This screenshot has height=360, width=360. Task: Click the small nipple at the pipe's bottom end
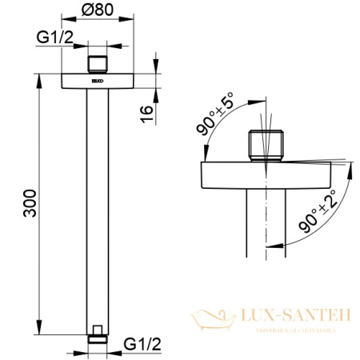(97, 331)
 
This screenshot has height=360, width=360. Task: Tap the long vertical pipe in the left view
(97, 208)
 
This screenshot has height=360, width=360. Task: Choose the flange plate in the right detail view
(264, 174)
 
